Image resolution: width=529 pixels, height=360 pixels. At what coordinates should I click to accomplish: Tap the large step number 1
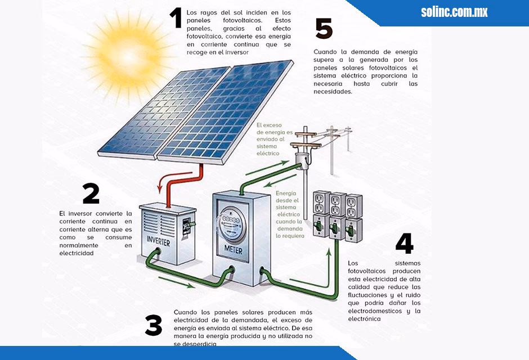176,18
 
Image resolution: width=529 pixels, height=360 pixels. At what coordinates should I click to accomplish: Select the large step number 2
91,194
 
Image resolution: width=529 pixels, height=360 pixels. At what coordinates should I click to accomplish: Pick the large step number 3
153,326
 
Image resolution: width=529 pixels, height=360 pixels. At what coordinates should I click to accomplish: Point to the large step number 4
404,243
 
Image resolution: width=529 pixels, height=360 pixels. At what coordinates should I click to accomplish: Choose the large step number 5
324,29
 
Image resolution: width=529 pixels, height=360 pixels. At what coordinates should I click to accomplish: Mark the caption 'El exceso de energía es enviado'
274,138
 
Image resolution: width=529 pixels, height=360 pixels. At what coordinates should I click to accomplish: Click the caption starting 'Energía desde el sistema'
289,214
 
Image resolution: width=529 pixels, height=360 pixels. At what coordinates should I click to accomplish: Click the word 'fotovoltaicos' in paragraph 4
366,271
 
